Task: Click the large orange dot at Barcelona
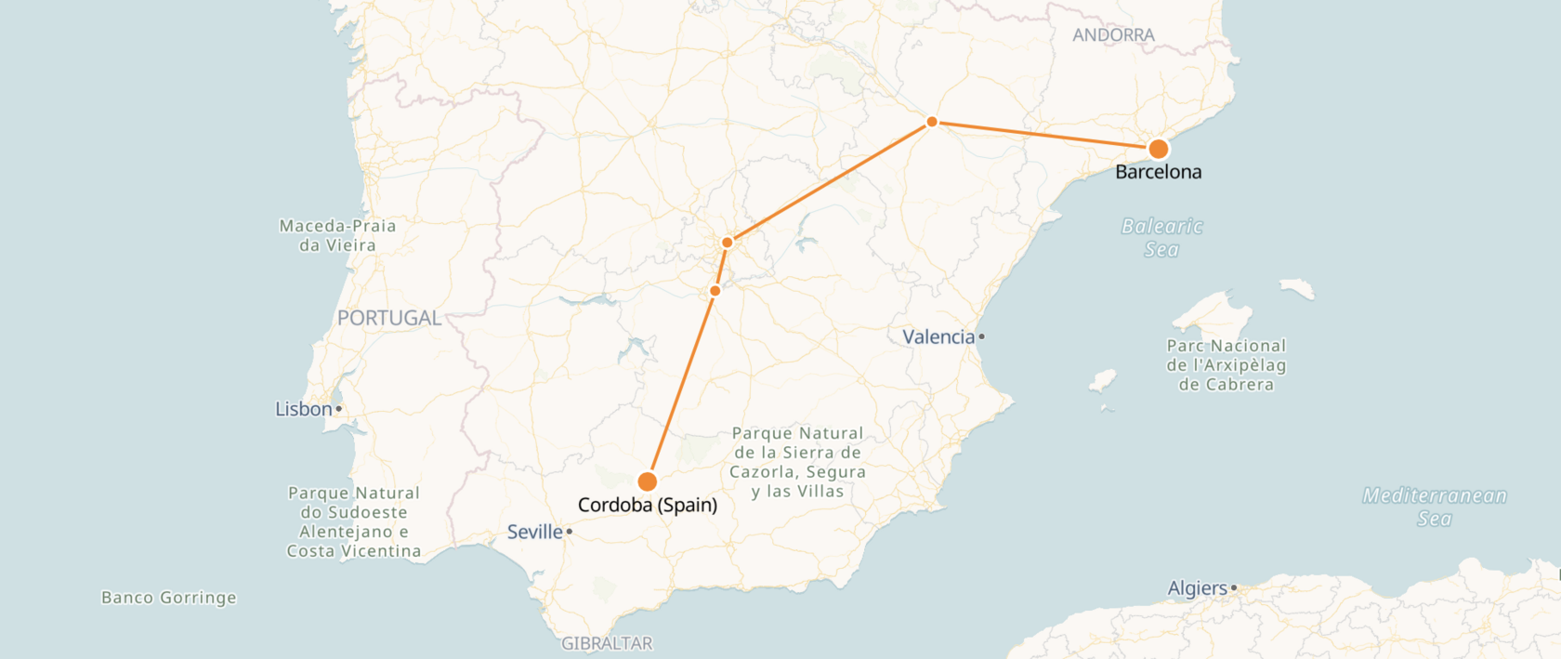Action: [1158, 149]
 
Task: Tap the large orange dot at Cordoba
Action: [648, 481]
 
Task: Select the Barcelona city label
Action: [1158, 172]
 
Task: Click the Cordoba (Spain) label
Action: [648, 505]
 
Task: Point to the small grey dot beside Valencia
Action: [981, 336]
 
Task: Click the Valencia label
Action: [938, 336]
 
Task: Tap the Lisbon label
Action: [304, 409]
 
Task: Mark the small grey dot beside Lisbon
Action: [339, 409]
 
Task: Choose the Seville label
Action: [535, 532]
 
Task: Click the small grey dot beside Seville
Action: [569, 532]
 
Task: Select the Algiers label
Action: [1198, 588]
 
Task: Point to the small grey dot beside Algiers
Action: [1234, 588]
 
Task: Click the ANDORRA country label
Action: [1113, 35]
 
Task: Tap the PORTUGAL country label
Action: [389, 318]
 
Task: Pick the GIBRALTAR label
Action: [607, 643]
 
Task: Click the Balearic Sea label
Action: [1161, 238]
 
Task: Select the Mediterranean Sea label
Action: [1435, 507]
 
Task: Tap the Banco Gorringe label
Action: [169, 598]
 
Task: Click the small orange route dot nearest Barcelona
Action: [932, 122]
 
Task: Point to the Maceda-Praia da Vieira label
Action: [338, 235]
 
